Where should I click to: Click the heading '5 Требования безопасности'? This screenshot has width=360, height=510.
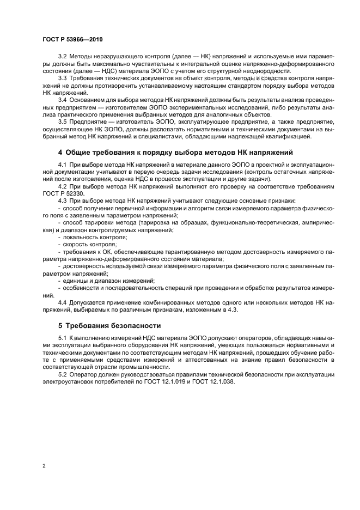tap(109, 326)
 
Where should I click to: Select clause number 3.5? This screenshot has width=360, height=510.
tap(63, 123)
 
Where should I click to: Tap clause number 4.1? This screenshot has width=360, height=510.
tap(63, 165)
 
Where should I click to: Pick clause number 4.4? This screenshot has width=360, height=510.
tap(63, 301)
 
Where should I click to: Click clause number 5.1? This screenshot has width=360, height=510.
tap(63, 339)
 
